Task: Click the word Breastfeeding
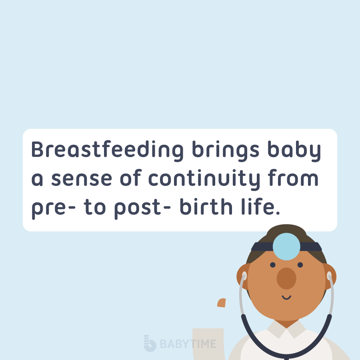[x=108, y=150]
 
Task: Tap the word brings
[x=226, y=151]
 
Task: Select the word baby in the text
[x=294, y=151]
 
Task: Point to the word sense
[x=82, y=179]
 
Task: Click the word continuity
[x=204, y=180]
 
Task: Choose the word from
[x=293, y=177]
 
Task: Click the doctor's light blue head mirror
[x=286, y=246]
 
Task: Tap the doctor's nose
[x=286, y=278]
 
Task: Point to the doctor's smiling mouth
[x=286, y=297]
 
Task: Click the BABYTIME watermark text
[x=188, y=344]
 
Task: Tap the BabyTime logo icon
[x=150, y=343]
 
